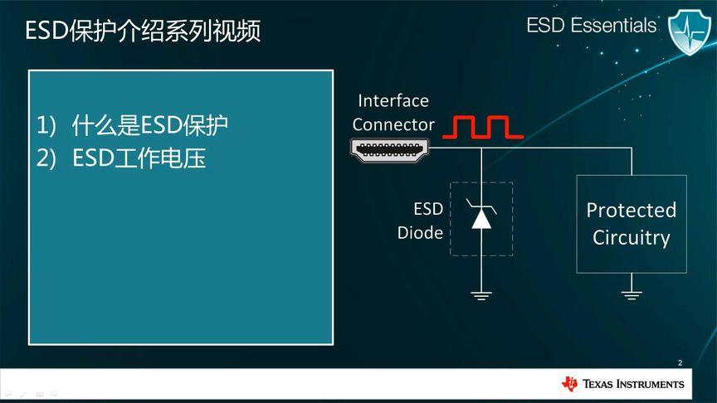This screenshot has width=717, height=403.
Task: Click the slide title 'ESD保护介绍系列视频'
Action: [x=143, y=32]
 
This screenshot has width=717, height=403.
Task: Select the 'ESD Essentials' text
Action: [x=591, y=26]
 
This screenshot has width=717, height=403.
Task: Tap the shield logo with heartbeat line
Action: [x=690, y=31]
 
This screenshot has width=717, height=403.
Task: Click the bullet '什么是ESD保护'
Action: [x=150, y=126]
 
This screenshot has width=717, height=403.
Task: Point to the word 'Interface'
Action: [x=393, y=101]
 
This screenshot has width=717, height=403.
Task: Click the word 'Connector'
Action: [x=393, y=125]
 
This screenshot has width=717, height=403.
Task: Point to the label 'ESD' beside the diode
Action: [x=428, y=208]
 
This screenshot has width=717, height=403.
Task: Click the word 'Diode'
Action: [x=420, y=233]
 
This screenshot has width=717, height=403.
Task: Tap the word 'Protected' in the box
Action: [x=632, y=211]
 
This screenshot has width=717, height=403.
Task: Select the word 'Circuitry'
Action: [x=632, y=238]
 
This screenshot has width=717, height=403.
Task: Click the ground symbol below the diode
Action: [x=481, y=293]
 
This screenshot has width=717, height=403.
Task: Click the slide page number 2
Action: [x=679, y=363]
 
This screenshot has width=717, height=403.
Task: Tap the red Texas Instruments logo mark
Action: [x=570, y=383]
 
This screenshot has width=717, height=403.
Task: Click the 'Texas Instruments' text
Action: [x=634, y=384]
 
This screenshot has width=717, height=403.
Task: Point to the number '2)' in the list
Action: [x=46, y=158]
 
